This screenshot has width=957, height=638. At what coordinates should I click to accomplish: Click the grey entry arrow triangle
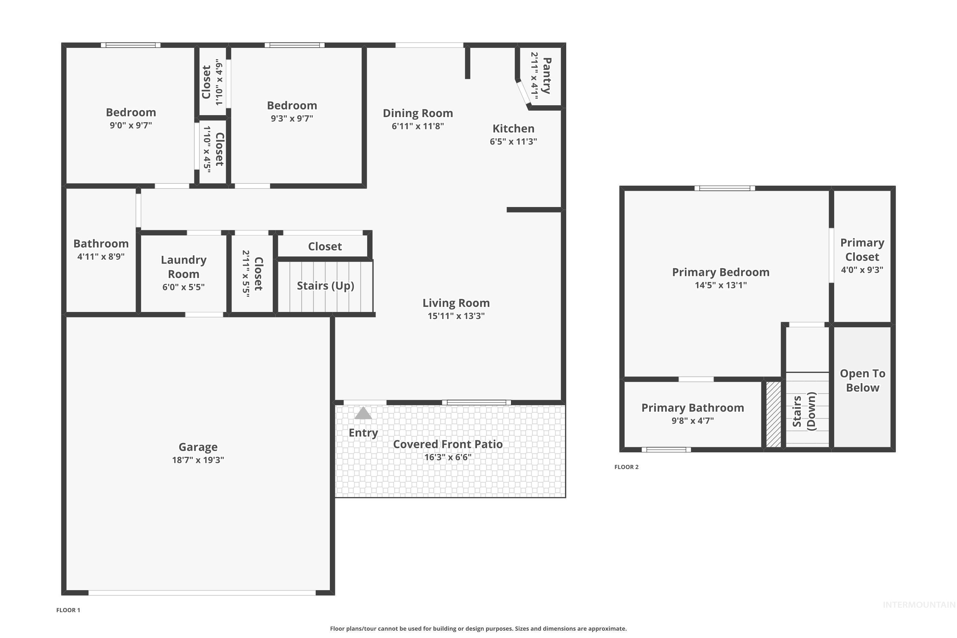point(363,413)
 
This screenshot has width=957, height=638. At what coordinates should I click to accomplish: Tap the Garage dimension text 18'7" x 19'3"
point(198,460)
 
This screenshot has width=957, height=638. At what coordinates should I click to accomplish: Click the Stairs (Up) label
point(325,286)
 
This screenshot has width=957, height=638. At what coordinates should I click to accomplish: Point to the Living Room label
point(456,303)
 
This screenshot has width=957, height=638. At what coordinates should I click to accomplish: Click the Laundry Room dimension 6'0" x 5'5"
point(183,287)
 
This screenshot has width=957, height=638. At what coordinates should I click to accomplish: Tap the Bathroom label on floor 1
point(101,243)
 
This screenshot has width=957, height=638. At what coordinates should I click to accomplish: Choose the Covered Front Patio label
point(448,444)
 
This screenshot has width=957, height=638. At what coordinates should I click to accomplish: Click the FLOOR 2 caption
point(626,467)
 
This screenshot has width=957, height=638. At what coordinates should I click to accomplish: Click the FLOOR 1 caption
point(68,610)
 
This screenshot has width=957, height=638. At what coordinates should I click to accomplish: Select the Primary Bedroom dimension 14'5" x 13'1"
point(721,285)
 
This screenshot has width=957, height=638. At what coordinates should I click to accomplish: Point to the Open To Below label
point(862,381)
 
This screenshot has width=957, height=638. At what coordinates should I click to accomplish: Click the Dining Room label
point(418,113)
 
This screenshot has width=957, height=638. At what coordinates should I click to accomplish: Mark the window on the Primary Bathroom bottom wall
point(666,449)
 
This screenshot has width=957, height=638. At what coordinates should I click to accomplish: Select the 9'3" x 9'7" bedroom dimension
point(292,118)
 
